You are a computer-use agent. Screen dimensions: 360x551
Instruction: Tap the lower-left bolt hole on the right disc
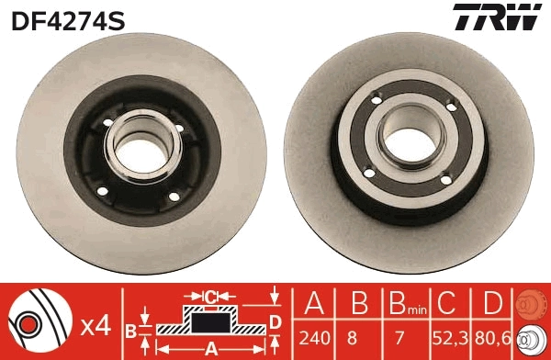tap(369, 173)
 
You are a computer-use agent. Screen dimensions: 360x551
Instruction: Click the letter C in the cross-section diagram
tap(210, 296)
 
